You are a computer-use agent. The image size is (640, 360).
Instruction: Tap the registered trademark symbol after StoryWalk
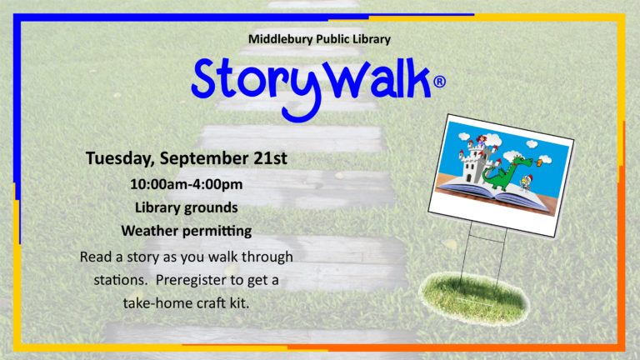coord(439,82)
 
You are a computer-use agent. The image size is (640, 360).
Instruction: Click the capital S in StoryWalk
coord(203,78)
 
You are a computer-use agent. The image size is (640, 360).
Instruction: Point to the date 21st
coord(270,158)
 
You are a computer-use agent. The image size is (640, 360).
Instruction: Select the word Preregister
coord(192,280)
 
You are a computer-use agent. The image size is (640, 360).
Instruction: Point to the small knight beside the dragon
coord(526,182)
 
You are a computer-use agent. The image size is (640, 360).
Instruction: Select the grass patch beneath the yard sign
coord(475,297)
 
